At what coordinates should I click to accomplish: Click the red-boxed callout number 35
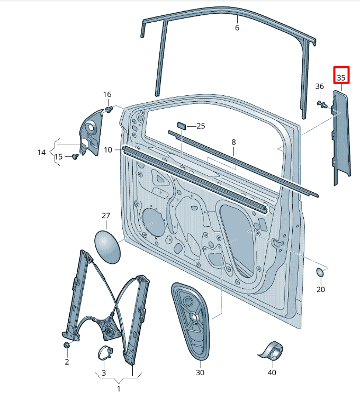(x=341, y=77)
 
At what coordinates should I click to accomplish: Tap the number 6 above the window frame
(x=237, y=28)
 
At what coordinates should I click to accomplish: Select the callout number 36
(x=319, y=86)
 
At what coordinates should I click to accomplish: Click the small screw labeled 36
(x=322, y=104)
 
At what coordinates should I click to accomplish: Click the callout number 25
(x=201, y=126)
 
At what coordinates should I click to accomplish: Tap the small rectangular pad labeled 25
(x=182, y=126)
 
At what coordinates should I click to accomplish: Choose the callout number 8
(x=233, y=142)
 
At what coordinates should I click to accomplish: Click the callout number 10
(x=108, y=150)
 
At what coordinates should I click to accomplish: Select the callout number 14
(x=42, y=152)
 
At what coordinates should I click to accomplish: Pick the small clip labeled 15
(x=75, y=156)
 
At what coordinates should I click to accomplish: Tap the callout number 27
(x=106, y=216)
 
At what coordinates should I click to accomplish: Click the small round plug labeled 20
(x=320, y=272)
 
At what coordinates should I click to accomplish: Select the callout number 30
(x=200, y=372)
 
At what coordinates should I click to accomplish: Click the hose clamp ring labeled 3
(x=105, y=352)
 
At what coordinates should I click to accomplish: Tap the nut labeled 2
(x=67, y=345)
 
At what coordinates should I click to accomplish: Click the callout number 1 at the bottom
(x=119, y=389)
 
